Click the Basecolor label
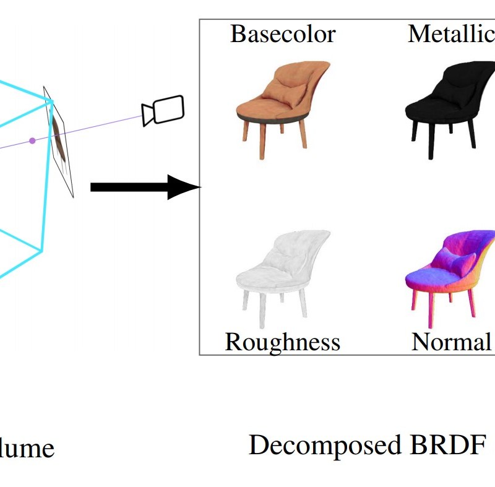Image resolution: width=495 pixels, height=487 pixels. point(283,34)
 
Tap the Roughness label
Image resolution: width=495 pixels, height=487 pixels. point(282,342)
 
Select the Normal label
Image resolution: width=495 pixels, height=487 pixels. point(451,342)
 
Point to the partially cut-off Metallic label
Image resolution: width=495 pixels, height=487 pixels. point(451,34)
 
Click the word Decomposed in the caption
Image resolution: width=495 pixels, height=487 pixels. point(325,445)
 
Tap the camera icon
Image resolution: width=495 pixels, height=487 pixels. point(163,110)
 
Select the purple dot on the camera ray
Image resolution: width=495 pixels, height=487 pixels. point(32,141)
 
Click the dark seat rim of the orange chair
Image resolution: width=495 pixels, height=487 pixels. point(272,118)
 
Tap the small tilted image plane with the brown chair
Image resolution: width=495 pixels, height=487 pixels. point(60,139)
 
